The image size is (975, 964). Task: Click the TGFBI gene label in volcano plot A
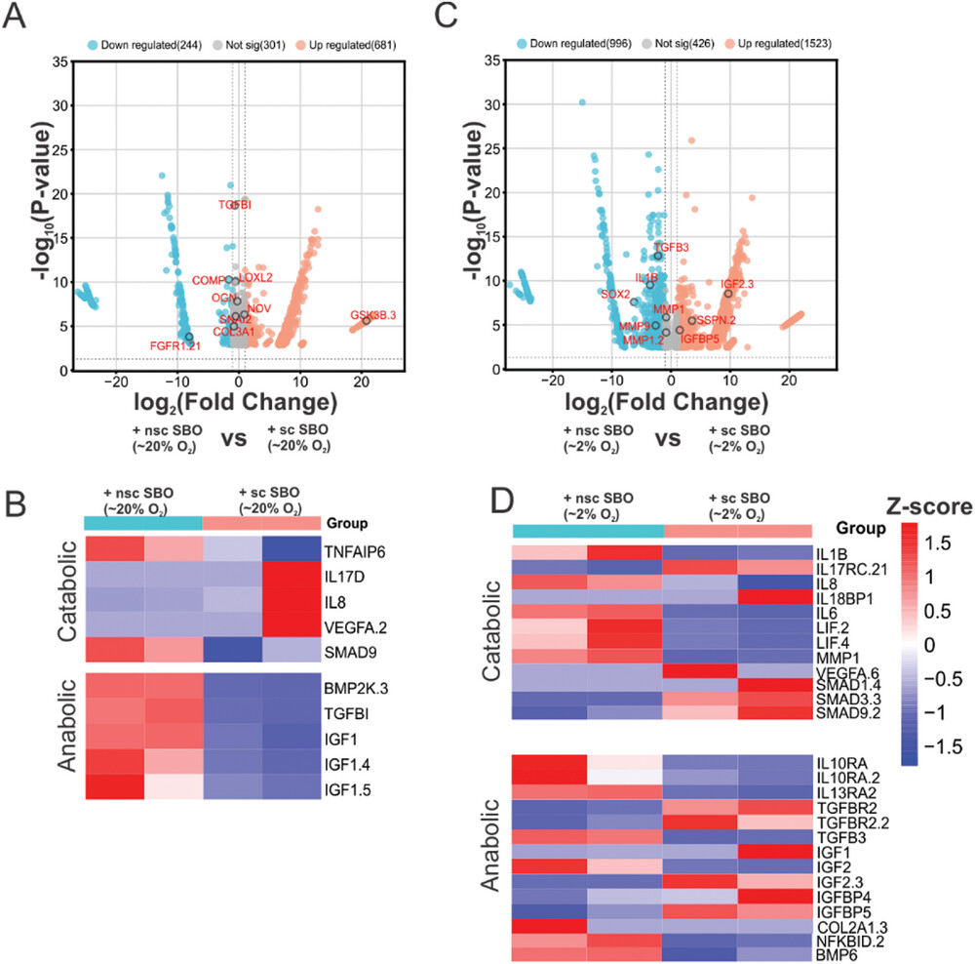(x=235, y=205)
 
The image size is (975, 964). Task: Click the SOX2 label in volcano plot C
(x=614, y=293)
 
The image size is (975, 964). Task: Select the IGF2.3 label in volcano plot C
(x=738, y=284)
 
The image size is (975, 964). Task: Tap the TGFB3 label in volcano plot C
(x=672, y=247)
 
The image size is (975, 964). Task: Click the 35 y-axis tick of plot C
(x=493, y=60)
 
